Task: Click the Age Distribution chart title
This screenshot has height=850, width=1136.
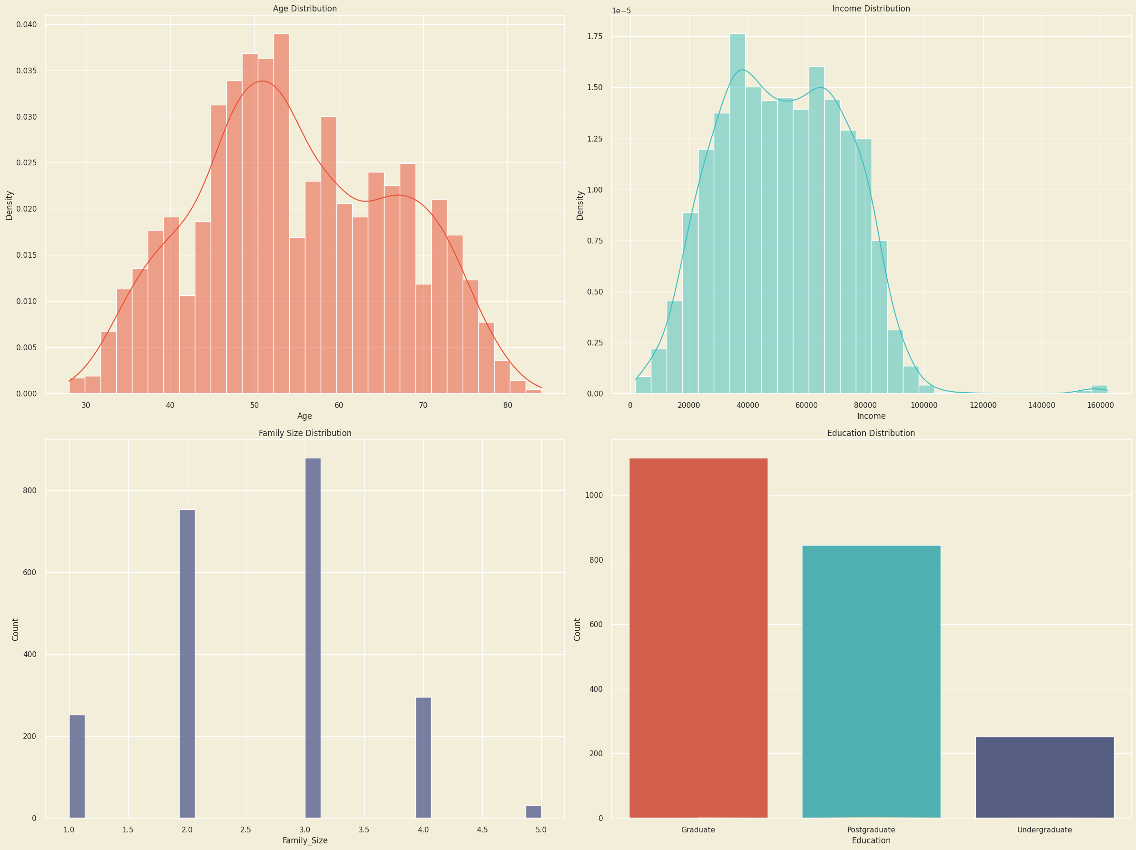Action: click(x=304, y=9)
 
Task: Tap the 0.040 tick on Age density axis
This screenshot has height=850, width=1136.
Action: click(x=26, y=25)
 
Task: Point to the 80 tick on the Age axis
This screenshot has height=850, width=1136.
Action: click(x=507, y=405)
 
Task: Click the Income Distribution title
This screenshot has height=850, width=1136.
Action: click(x=871, y=9)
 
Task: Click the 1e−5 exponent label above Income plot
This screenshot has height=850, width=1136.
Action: click(x=621, y=11)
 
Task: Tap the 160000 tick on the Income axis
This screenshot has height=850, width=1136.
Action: click(x=1101, y=405)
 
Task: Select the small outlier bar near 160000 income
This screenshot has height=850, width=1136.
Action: click(x=1099, y=389)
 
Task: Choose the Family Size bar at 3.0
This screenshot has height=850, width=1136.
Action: click(x=313, y=637)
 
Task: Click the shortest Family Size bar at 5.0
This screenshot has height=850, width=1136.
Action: click(x=534, y=811)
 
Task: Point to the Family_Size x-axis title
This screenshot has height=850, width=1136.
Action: click(x=304, y=840)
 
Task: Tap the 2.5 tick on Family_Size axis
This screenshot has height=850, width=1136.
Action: click(x=246, y=830)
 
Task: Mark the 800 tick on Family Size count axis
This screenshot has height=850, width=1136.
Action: click(x=30, y=490)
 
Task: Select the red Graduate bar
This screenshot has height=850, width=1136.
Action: click(x=698, y=637)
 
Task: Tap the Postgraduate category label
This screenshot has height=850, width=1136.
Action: click(x=871, y=830)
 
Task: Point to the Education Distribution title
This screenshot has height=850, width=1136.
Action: click(x=871, y=433)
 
